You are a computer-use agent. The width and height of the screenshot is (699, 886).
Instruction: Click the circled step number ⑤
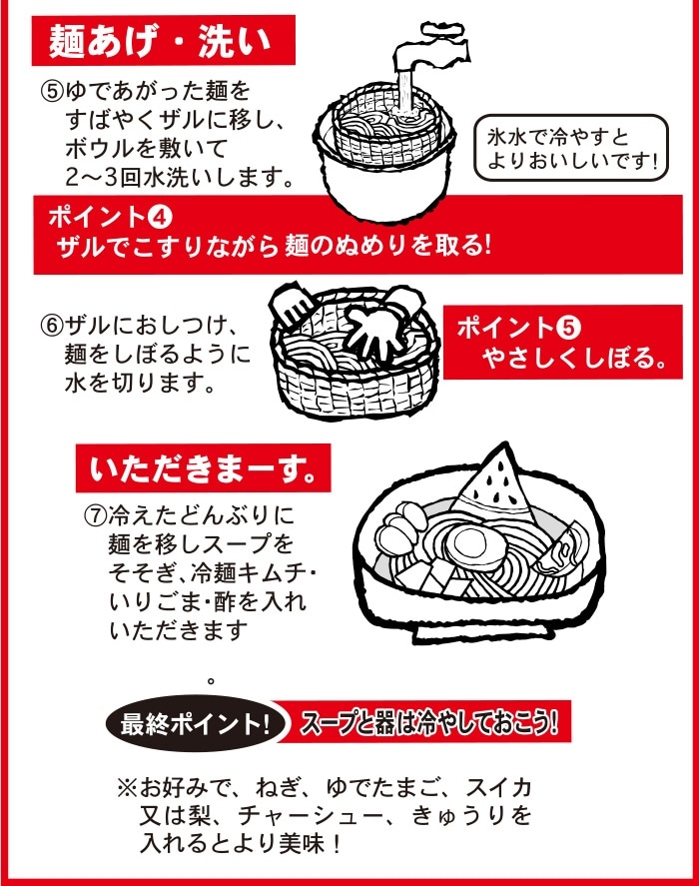coord(51,92)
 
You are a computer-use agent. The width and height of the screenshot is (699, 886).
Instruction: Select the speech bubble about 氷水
coord(571,148)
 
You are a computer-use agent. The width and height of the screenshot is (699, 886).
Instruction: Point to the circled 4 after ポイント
coord(159,218)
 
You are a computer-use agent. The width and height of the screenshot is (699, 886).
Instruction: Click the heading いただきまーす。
coord(203,469)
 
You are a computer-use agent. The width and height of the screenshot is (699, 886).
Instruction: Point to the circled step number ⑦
coord(95,514)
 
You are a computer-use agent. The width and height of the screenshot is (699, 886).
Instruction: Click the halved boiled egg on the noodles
coord(473,544)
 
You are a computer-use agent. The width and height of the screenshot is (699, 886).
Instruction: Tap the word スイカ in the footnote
coord(498,787)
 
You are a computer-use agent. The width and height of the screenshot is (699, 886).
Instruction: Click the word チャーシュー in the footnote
coord(310,815)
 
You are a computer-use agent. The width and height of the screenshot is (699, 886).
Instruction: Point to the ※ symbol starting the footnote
coord(128,788)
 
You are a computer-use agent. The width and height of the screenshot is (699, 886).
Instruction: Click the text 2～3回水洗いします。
coord(180,178)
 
